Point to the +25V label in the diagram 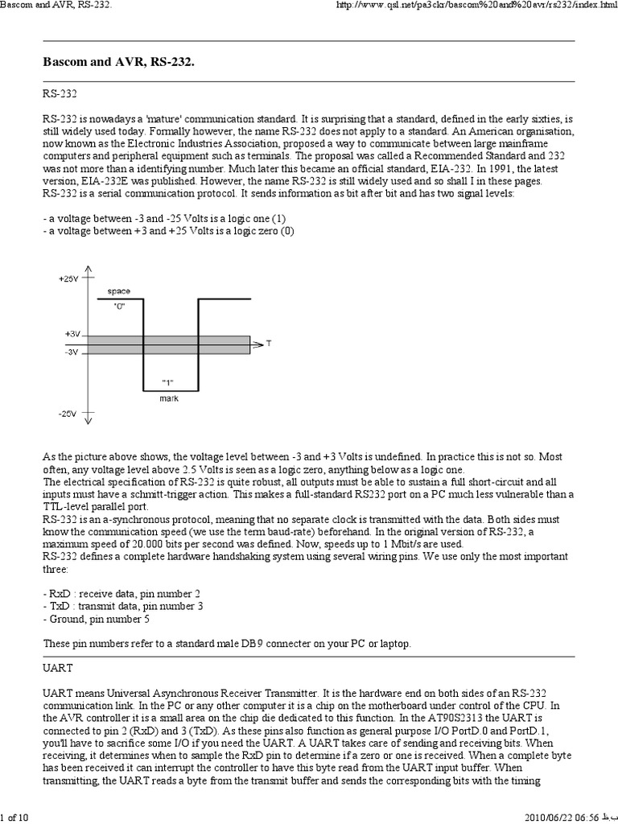68,278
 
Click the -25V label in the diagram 68,415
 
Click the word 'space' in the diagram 118,290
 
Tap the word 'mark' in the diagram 169,398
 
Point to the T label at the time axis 269,344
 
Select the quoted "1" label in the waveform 168,381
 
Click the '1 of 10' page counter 14,818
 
